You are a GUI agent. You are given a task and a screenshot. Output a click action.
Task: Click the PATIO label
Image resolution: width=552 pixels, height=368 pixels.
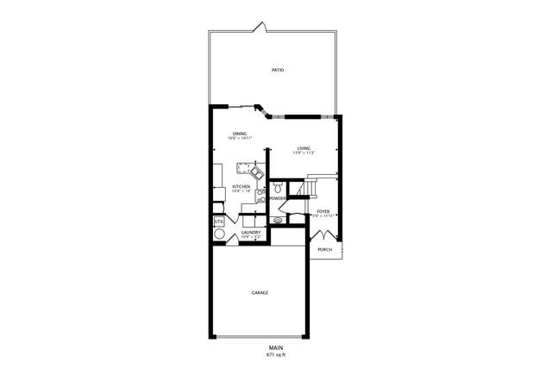pos(277,70)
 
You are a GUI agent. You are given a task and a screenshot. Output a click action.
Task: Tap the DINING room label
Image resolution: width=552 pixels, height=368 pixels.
pos(240,134)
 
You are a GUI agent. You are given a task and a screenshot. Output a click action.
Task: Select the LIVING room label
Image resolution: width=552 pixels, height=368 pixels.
pos(304,148)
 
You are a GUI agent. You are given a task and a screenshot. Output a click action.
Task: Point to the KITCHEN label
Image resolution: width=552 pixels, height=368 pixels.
pos(241,186)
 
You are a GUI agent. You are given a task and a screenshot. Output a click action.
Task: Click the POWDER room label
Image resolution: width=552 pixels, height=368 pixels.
pos(278,198)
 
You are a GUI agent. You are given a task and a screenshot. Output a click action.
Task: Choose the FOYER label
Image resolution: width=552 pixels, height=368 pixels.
pos(323,211)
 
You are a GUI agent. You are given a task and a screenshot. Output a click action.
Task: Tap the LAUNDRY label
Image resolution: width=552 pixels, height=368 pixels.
pos(251,232)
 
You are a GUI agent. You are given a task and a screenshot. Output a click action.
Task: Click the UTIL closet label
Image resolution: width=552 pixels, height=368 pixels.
pos(219,221)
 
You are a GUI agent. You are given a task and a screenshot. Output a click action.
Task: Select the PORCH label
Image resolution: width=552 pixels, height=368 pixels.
pos(324,250)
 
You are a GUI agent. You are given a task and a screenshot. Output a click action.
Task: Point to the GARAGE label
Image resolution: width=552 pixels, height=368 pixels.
pos(260,293)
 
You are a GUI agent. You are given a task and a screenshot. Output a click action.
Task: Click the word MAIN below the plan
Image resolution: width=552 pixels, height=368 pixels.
pos(275,347)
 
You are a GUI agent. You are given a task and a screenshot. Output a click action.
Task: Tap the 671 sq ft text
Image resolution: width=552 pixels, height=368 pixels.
pos(275,354)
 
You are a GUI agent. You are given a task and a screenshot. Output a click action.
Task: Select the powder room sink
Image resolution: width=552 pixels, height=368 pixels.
pos(278,221)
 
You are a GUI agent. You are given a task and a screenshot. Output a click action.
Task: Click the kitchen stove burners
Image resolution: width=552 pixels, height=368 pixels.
pos(260,195)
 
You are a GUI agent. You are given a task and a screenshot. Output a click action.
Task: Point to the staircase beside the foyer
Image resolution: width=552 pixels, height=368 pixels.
pos(310,188)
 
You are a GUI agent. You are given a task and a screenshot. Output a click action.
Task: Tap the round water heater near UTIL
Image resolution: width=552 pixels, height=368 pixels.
pos(219,234)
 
